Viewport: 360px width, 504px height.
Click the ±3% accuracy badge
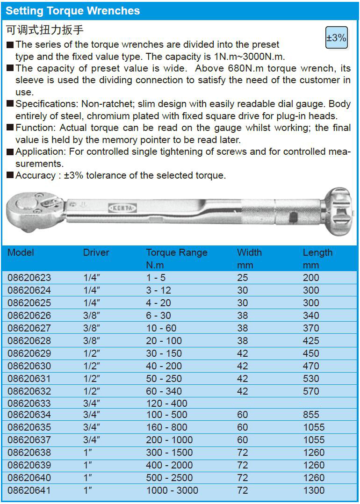[x=336, y=38]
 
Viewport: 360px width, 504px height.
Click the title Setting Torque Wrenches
[x=73, y=11]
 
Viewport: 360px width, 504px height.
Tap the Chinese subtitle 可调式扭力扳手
[x=45, y=30]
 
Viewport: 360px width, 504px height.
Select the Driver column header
[x=96, y=252]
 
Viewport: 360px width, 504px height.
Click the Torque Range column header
[x=176, y=252]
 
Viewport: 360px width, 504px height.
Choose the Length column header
[x=317, y=252]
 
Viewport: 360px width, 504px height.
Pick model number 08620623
[x=29, y=278]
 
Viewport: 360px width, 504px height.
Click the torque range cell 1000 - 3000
[x=172, y=490]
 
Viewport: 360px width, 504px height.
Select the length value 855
[x=311, y=415]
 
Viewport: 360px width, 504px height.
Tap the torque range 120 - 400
[x=166, y=403]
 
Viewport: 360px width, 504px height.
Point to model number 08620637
[x=29, y=440]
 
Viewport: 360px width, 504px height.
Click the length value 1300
[x=313, y=490]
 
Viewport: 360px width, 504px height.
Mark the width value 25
[x=242, y=278]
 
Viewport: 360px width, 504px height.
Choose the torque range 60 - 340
[x=164, y=391]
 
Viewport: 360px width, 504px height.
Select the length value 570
[x=311, y=391]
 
